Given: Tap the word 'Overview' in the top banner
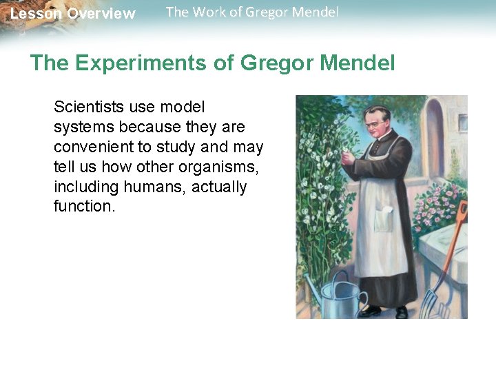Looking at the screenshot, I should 101,14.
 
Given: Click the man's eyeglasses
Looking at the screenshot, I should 375,123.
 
